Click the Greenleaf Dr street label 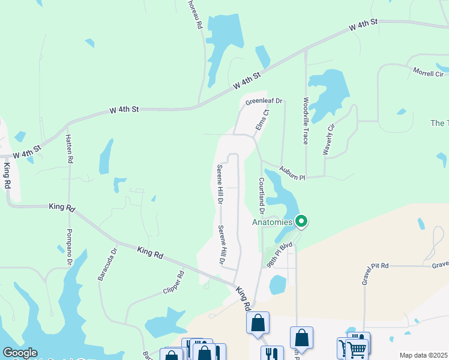264,102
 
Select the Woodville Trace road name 306,121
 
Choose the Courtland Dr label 262,195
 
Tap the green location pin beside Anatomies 302,221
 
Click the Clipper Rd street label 173,283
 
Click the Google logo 20,353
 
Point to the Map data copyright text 423,355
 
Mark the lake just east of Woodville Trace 328,93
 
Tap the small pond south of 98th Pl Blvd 277,284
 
